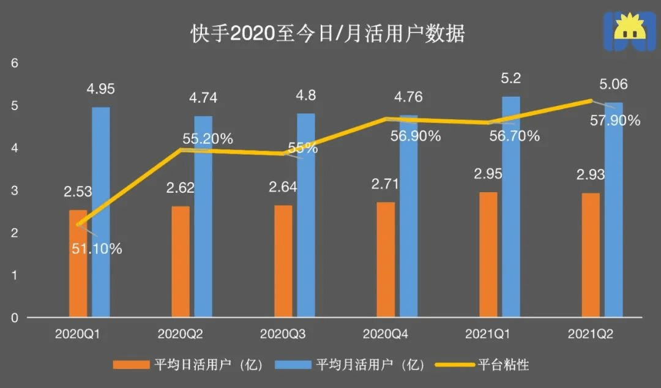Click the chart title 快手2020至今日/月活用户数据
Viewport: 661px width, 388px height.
coord(327,33)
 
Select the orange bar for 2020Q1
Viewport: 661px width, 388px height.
coord(78,264)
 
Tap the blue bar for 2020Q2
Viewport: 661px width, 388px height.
coord(203,217)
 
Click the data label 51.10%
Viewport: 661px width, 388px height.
coord(96,248)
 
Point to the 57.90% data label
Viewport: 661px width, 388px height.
coord(614,121)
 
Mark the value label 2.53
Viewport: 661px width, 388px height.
coord(78,192)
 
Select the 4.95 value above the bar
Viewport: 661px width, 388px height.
coord(101,89)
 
